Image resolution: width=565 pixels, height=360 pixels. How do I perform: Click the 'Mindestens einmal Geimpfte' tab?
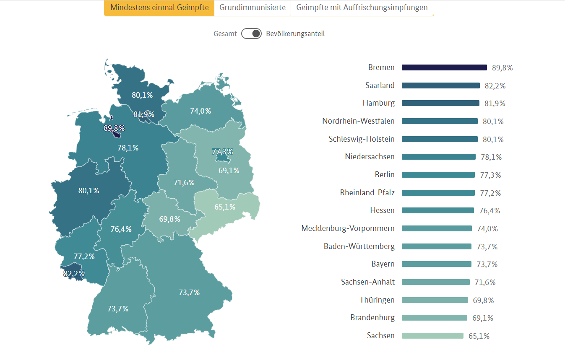point(159,8)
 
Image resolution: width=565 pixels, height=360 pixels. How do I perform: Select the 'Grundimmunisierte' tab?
point(253,8)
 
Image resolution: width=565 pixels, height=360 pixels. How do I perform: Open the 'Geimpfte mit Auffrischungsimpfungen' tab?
point(362,8)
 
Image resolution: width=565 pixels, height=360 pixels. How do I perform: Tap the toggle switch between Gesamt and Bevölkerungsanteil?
point(252,34)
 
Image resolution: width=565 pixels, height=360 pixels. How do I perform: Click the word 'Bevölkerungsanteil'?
point(295,34)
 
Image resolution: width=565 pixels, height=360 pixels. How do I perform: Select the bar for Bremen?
point(444,67)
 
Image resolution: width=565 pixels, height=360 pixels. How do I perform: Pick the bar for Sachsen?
point(432,336)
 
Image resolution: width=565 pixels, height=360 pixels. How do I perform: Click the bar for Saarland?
point(440,85)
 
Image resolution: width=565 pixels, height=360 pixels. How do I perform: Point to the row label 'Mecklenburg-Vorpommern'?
point(348,228)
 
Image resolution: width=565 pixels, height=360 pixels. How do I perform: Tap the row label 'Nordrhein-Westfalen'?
point(358,121)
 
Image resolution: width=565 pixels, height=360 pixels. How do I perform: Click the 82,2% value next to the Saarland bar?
point(495,86)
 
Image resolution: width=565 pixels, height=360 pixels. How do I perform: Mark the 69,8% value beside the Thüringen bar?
point(483,300)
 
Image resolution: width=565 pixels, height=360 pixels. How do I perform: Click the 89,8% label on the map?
point(114,128)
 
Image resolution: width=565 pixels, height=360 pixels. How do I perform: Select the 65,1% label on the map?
point(225,207)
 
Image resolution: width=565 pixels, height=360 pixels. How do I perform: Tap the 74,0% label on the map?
point(200,111)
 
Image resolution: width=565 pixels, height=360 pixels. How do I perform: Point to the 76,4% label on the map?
point(121,229)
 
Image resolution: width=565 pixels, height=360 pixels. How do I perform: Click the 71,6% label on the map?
point(184,183)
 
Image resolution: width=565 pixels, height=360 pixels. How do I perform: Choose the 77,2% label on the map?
point(84,256)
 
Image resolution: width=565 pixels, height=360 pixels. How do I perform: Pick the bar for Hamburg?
point(440,103)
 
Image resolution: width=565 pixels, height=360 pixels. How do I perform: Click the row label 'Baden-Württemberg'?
point(359,246)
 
